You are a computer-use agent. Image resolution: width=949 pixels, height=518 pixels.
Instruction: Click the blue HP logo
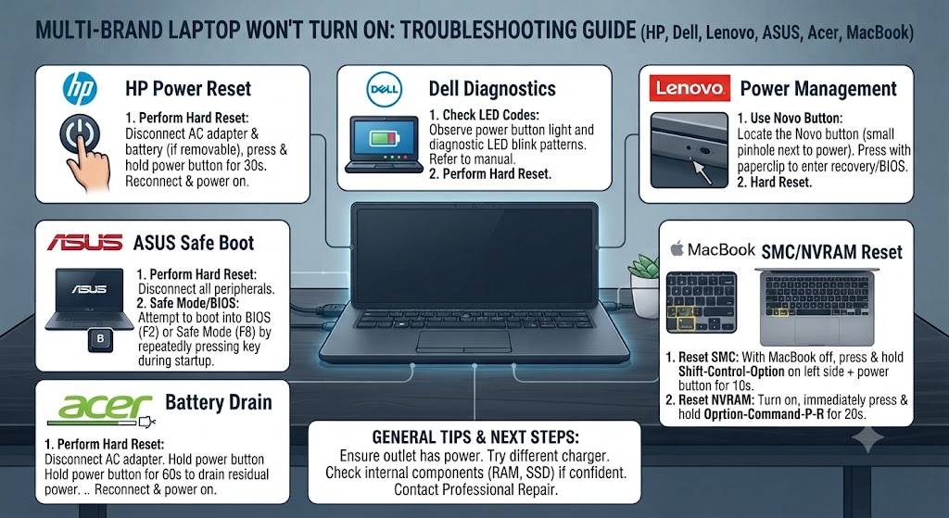pyautogui.click(x=80, y=89)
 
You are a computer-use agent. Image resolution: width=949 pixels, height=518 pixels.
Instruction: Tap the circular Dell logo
pyautogui.click(x=384, y=90)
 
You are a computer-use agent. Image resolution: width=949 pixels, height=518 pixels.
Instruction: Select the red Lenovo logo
pyautogui.click(x=690, y=88)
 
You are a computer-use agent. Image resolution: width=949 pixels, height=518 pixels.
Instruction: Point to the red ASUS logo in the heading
pyautogui.click(x=84, y=243)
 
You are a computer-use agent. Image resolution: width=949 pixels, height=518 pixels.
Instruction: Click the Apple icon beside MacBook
pyautogui.click(x=677, y=248)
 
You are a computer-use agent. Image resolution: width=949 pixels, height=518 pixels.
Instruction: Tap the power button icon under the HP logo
pyautogui.click(x=80, y=133)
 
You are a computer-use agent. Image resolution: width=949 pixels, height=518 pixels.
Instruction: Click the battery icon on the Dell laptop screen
pyautogui.click(x=384, y=139)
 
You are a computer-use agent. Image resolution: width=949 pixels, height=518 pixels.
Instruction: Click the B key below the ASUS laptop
pyautogui.click(x=100, y=339)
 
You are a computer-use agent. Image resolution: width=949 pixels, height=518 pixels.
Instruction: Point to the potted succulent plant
pyautogui.click(x=645, y=284)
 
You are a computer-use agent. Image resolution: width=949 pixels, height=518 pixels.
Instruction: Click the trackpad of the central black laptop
pyautogui.click(x=463, y=341)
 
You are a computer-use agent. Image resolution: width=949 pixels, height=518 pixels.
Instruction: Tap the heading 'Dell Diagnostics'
pyautogui.click(x=492, y=89)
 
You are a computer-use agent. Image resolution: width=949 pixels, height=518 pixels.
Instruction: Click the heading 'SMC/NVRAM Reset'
pyautogui.click(x=831, y=252)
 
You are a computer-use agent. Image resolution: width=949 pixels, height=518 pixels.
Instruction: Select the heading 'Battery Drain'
pyautogui.click(x=219, y=402)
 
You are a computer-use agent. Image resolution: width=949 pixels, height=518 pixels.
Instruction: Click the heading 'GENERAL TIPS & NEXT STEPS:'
pyautogui.click(x=475, y=436)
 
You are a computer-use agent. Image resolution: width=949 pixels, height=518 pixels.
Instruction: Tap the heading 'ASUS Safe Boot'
pyautogui.click(x=194, y=244)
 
